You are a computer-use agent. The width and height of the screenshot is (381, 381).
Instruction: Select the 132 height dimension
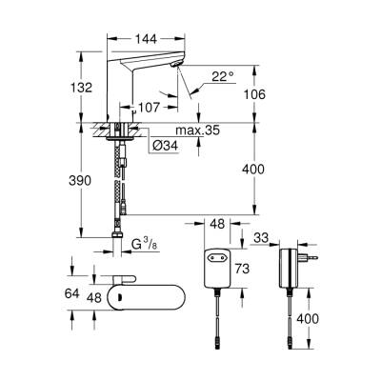coord(83,88)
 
